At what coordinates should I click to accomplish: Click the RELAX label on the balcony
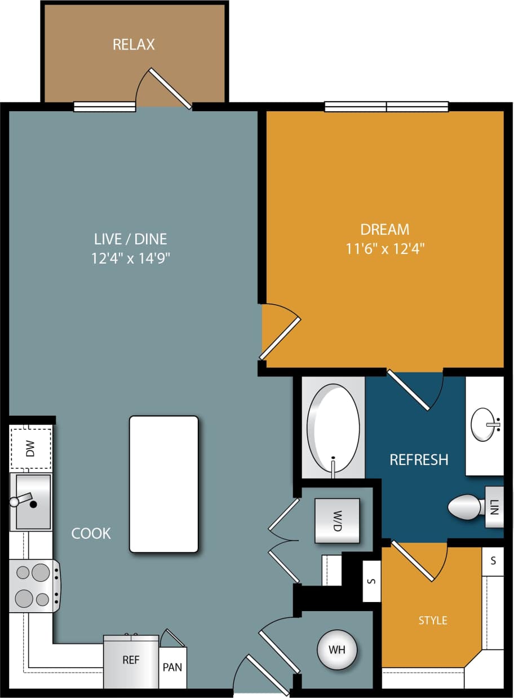click(x=134, y=45)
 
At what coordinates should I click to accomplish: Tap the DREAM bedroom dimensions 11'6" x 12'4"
click(x=385, y=249)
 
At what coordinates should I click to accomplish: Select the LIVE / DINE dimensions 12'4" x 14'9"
click(x=131, y=258)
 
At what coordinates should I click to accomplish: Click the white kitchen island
click(x=163, y=484)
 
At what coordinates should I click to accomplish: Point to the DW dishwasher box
click(x=30, y=449)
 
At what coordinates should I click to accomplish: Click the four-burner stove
click(x=33, y=585)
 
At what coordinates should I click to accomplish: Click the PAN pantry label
click(x=172, y=667)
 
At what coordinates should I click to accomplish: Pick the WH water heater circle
click(x=337, y=649)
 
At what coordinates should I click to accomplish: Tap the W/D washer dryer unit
click(x=337, y=521)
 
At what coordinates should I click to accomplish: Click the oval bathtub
click(x=333, y=430)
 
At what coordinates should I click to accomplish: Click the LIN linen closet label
click(x=495, y=506)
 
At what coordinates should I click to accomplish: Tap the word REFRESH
click(x=419, y=459)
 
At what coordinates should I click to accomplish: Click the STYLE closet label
click(x=432, y=620)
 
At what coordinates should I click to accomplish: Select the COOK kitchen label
click(x=91, y=533)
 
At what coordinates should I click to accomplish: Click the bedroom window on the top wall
click(x=386, y=107)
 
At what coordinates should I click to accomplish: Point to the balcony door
click(x=169, y=89)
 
